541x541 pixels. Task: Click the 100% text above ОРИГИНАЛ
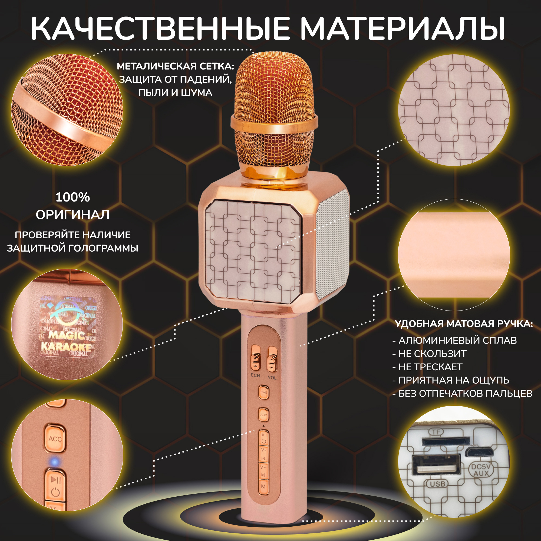click(x=72, y=197)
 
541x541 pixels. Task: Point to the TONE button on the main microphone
click(x=263, y=392)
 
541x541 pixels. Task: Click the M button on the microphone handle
click(x=263, y=487)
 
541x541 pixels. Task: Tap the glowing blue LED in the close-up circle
click(x=55, y=461)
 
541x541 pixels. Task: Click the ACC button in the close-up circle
click(x=55, y=439)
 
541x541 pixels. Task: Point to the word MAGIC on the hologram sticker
click(x=67, y=335)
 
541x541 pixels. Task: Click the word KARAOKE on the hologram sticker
click(x=66, y=347)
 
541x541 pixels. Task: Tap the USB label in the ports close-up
click(x=437, y=484)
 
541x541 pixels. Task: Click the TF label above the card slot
click(x=436, y=432)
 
